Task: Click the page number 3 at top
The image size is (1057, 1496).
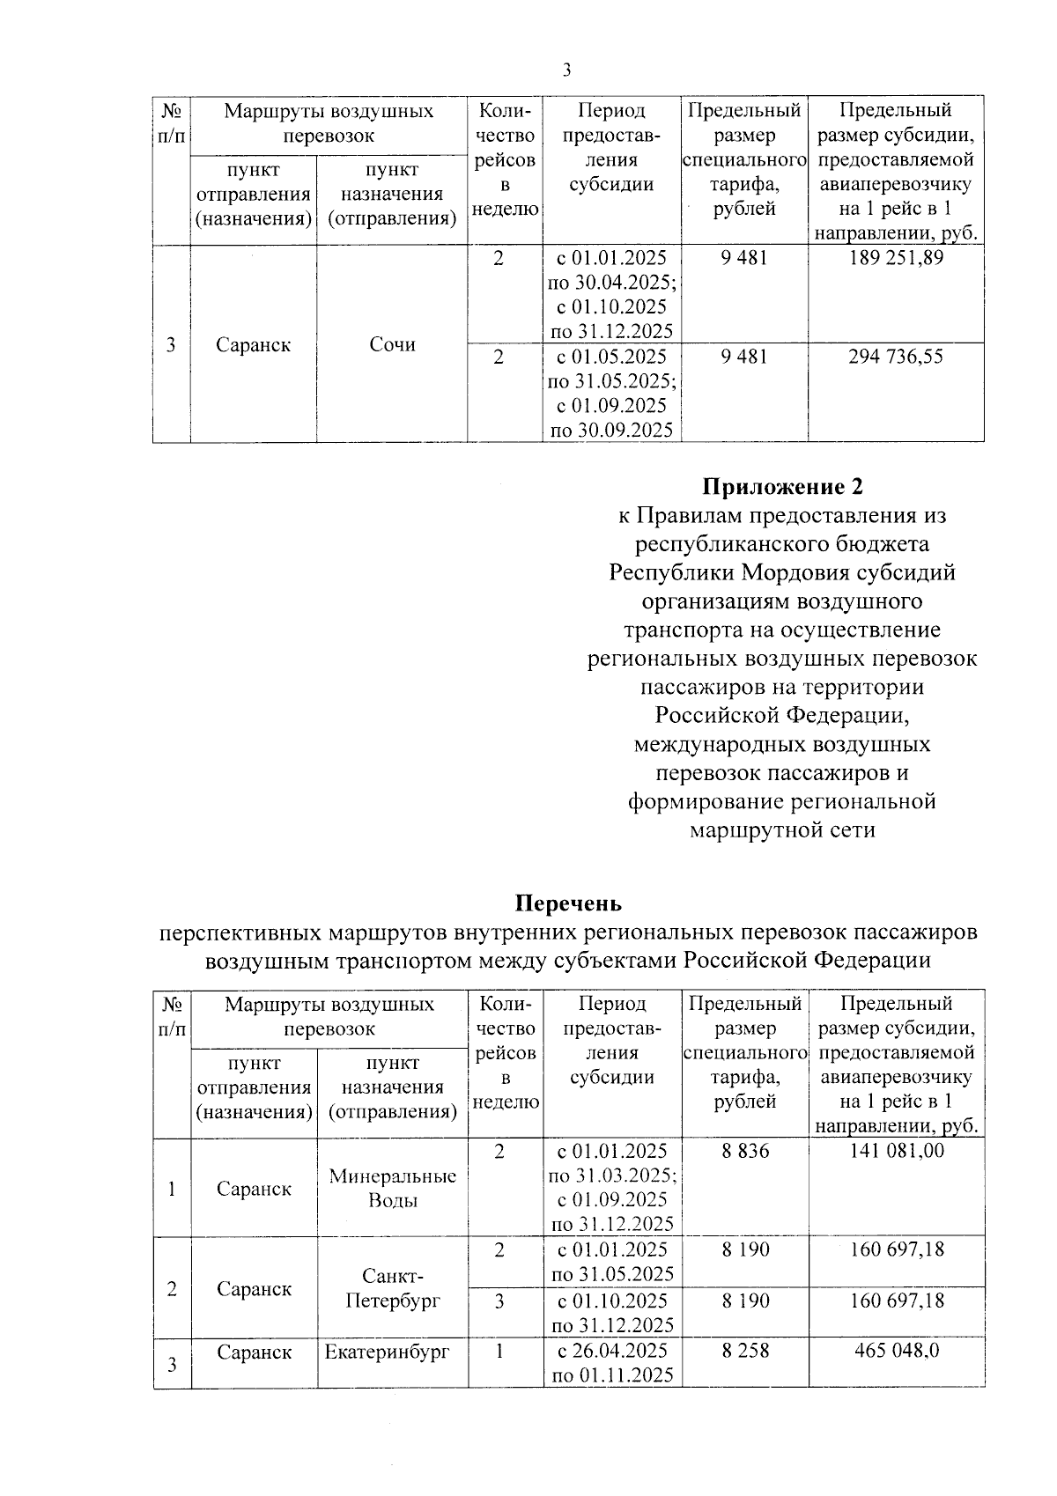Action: click(566, 70)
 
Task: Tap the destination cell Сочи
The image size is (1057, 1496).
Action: click(392, 344)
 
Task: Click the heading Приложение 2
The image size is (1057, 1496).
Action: click(782, 486)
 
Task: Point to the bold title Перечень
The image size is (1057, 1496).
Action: click(568, 903)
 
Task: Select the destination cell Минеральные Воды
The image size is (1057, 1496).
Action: click(392, 1189)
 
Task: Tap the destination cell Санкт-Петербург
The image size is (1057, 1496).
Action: click(392, 1288)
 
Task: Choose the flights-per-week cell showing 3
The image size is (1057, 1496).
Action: click(499, 1301)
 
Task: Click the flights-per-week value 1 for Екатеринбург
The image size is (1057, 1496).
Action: click(499, 1351)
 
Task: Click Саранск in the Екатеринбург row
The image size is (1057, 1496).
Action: click(254, 1352)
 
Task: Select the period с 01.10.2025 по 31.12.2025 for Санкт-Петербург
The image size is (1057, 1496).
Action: click(612, 1313)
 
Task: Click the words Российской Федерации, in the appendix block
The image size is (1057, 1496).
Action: click(782, 716)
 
